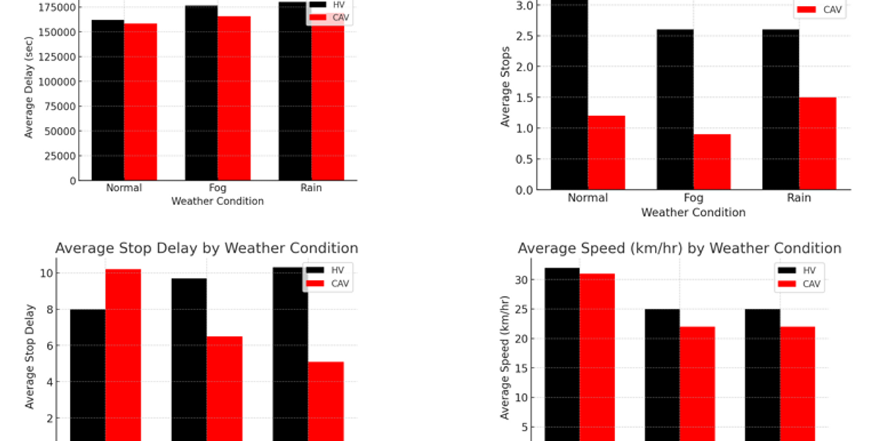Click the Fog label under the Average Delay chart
pyautogui.click(x=218, y=187)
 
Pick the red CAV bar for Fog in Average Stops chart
pyautogui.click(x=711, y=162)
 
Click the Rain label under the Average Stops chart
pyautogui.click(x=799, y=198)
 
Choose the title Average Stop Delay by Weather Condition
pyautogui.click(x=207, y=248)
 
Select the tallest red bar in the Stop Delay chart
pyautogui.click(x=123, y=353)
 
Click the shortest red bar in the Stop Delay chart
pyautogui.click(x=326, y=401)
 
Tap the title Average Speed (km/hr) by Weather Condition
pyautogui.click(x=679, y=248)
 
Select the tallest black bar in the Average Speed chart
pyautogui.click(x=562, y=353)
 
